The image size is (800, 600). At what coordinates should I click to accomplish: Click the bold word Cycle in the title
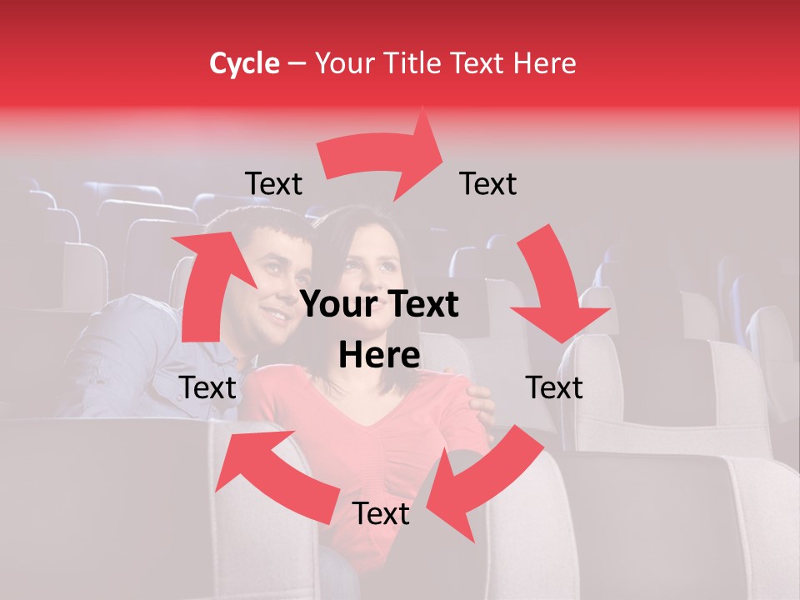pyautogui.click(x=244, y=63)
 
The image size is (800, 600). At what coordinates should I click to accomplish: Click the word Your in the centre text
pyautogui.click(x=338, y=305)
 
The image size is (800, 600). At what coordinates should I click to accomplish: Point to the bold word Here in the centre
pyautogui.click(x=379, y=356)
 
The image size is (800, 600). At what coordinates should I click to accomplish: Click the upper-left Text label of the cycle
pyautogui.click(x=273, y=183)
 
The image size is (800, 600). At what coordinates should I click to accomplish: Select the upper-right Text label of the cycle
pyautogui.click(x=488, y=183)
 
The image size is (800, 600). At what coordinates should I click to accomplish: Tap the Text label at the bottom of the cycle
pyautogui.click(x=381, y=513)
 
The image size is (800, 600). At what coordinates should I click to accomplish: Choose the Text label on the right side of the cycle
pyautogui.click(x=554, y=387)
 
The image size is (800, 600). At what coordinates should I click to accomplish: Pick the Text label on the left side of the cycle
pyautogui.click(x=207, y=387)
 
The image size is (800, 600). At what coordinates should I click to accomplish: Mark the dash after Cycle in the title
pyautogui.click(x=296, y=64)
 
